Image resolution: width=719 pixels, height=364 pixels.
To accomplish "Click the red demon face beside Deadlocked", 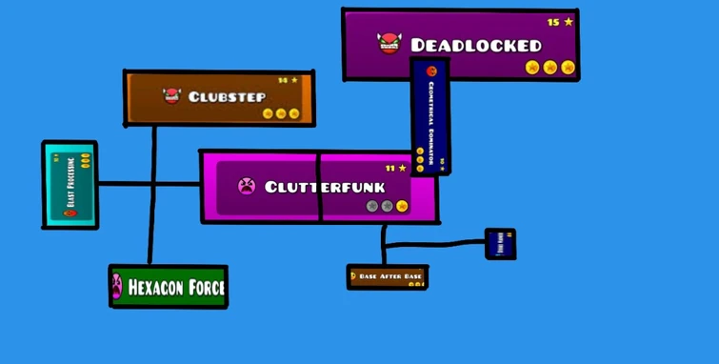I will pyautogui.click(x=389, y=43).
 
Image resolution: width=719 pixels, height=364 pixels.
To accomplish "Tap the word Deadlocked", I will pyautogui.click(x=475, y=45).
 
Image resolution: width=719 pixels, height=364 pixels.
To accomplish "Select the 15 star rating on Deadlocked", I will pyautogui.click(x=560, y=22).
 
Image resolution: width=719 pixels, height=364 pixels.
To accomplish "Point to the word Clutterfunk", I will pyautogui.click(x=324, y=187).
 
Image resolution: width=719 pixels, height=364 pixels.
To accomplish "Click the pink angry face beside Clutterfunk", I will pyautogui.click(x=247, y=186).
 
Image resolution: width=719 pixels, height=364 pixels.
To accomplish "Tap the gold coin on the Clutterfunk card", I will pyautogui.click(x=402, y=206).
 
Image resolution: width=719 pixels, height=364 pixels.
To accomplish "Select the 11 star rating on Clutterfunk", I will pyautogui.click(x=395, y=169).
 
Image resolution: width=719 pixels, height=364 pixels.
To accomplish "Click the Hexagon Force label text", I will pyautogui.click(x=176, y=287).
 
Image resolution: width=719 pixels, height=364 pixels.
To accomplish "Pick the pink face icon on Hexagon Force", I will pyautogui.click(x=117, y=285).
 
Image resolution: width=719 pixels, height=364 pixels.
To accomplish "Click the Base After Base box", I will pyautogui.click(x=388, y=277).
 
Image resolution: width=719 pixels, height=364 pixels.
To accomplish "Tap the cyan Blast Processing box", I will pyautogui.click(x=70, y=185).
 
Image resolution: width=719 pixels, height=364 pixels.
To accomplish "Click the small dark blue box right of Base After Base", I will pyautogui.click(x=500, y=244).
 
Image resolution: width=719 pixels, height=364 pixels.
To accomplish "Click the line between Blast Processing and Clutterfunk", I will pyautogui.click(x=148, y=183).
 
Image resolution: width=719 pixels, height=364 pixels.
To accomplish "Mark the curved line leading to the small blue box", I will pyautogui.click(x=438, y=245).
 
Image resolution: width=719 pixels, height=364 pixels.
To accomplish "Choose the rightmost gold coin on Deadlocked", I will pyautogui.click(x=568, y=67).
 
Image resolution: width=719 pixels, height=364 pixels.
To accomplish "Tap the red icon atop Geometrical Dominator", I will pyautogui.click(x=430, y=71).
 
